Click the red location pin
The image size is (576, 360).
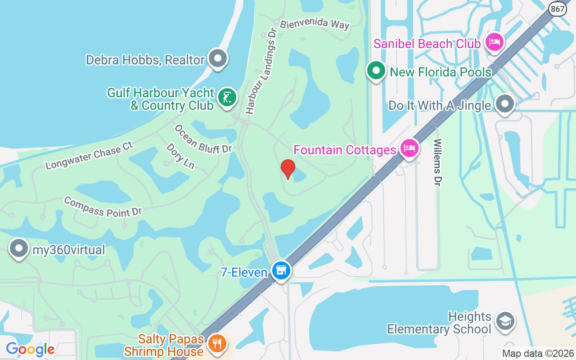pyautogui.click(x=288, y=169)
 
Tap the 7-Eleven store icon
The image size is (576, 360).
pyautogui.click(x=281, y=270)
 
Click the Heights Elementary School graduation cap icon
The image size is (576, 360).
pyautogui.click(x=505, y=321)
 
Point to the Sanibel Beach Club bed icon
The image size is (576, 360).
pyautogui.click(x=495, y=43)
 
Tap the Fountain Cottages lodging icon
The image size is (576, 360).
pyautogui.click(x=409, y=148)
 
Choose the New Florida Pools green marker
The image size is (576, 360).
pyautogui.click(x=376, y=71)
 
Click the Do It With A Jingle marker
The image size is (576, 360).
pyautogui.click(x=504, y=104)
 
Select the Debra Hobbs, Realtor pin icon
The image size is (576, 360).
pyautogui.click(x=218, y=58)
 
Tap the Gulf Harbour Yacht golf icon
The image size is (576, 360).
pyautogui.click(x=227, y=97)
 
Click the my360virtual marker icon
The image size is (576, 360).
pyautogui.click(x=19, y=249)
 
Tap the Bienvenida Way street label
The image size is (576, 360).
pyautogui.click(x=315, y=24)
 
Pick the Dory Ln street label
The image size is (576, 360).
pyautogui.click(x=180, y=156)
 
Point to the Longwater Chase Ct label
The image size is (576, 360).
pyautogui.click(x=90, y=156)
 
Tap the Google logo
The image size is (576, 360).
pyautogui.click(x=30, y=349)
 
